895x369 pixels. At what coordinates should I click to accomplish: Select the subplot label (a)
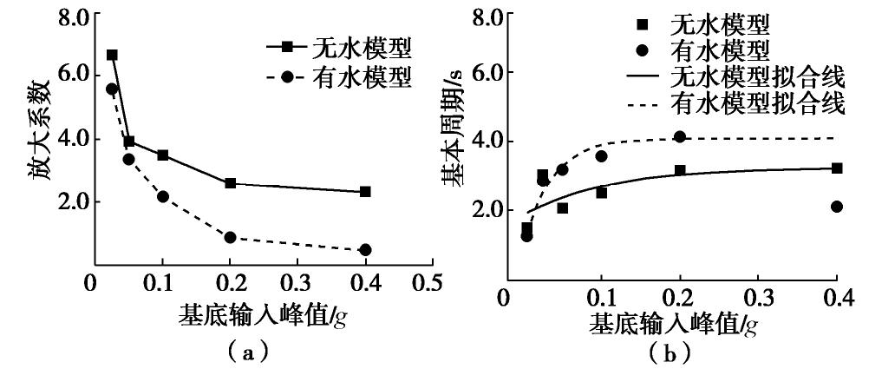coord(257,351)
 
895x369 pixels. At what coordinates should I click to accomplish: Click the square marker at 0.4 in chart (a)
coord(365,192)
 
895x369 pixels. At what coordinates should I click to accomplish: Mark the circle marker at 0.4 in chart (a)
coord(365,250)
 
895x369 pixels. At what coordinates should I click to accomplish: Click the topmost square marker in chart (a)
coord(112,55)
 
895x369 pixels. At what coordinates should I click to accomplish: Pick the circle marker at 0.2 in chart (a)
coord(230,237)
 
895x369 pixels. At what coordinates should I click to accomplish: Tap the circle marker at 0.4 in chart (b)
coord(836,207)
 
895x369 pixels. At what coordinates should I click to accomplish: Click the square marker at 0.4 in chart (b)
coord(836,168)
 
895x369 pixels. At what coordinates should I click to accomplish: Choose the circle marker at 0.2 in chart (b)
coord(679,137)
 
